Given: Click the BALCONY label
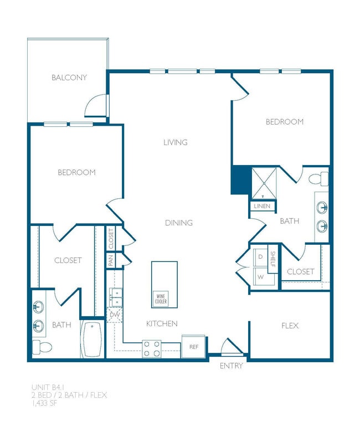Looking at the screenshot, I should pos(69,78).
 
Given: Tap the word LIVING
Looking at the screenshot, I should pos(175,142).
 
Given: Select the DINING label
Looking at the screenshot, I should pos(179,223).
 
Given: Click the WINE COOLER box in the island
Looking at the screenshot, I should pos(161,299).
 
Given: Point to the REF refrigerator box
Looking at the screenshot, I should pos(193,347).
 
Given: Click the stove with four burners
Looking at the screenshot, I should pos(152,348).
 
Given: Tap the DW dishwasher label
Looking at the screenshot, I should pos(115,315).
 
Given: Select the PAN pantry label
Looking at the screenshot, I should pos(111,260).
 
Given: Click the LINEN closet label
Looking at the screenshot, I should pos(261,206).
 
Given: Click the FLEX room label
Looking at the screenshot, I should pos(290,326).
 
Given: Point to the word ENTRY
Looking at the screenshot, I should pos(231,366).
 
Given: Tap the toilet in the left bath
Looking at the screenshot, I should pos(42,347).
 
